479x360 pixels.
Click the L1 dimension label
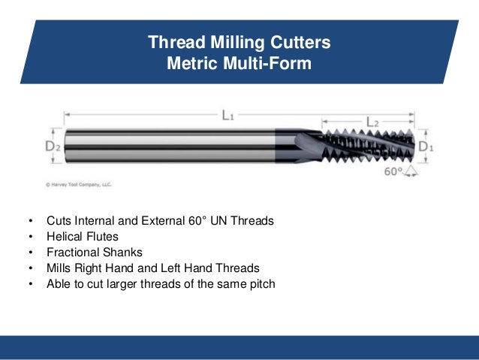[x=227, y=116]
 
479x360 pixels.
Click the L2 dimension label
[x=372, y=121]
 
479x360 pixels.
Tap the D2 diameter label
[x=53, y=147]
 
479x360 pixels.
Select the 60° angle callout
[x=393, y=171]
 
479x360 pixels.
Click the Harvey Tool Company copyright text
[x=80, y=183]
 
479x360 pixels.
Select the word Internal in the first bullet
[x=98, y=222]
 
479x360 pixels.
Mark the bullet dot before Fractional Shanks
[x=30, y=253]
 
